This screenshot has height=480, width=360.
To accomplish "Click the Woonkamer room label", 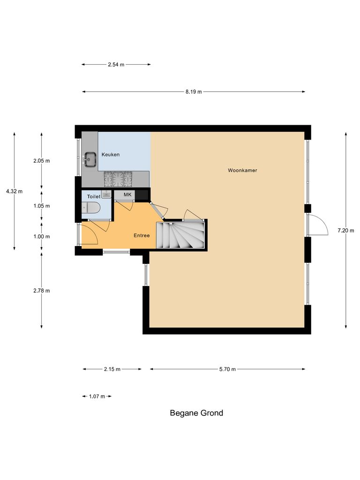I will point(242,170).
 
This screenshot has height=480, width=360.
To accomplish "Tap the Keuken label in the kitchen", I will point(111,154).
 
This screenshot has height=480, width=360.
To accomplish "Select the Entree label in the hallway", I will point(142,235).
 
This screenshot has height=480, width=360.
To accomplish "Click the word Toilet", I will point(94,196).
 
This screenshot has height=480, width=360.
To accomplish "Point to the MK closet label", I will point(127,195).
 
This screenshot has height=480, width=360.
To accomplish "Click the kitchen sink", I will point(89,160).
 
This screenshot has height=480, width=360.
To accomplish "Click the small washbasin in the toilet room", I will point(106,194).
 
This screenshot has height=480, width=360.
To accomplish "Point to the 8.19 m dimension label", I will point(193,92).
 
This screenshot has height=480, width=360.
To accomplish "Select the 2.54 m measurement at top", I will point(116,65).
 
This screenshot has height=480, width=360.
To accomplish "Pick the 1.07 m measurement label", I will point(97,397).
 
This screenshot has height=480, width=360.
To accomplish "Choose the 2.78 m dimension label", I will point(41,291).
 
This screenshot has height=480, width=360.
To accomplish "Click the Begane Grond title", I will point(196,413).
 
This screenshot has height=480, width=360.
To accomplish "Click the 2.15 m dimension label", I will point(112,369).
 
